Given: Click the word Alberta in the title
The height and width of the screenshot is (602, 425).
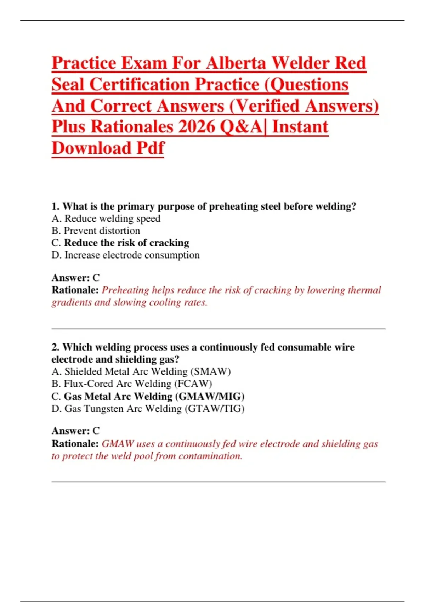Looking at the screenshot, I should pos(236,63).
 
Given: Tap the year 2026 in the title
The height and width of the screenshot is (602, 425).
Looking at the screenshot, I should pos(197,127).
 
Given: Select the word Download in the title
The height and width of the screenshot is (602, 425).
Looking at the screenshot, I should pos(92,148).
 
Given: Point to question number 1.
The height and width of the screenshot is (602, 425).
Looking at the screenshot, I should pos(56,206).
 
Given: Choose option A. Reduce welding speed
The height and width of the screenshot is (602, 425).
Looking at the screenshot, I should pos(106,218).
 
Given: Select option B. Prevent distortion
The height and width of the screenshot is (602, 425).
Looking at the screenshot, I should pos(96,231).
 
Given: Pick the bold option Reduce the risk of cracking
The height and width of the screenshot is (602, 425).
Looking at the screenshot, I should pos(126,243).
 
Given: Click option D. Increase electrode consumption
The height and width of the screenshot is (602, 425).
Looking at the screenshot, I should pos(125,255).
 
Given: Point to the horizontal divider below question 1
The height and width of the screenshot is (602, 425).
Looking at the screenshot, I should pos(218,329).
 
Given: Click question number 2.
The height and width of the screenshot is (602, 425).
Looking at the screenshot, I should pos(56,347).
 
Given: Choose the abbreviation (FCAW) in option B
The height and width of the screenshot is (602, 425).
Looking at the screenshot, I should pos(193,384).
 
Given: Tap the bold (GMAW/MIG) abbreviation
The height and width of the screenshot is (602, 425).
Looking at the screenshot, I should pos(210,396).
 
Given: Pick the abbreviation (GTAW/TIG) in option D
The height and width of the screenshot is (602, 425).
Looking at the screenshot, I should pos(214,409).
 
